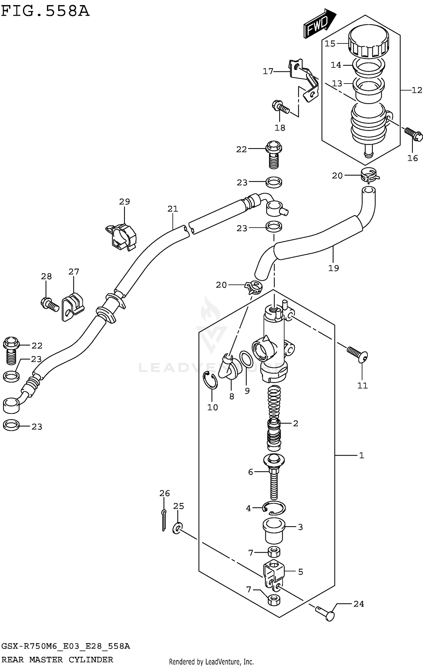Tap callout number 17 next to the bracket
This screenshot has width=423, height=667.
268,71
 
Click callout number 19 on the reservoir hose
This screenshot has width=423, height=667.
333,268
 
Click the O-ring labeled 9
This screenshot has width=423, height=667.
246,359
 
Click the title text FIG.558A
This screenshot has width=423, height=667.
45,12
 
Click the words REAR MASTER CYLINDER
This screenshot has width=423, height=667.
57,659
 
